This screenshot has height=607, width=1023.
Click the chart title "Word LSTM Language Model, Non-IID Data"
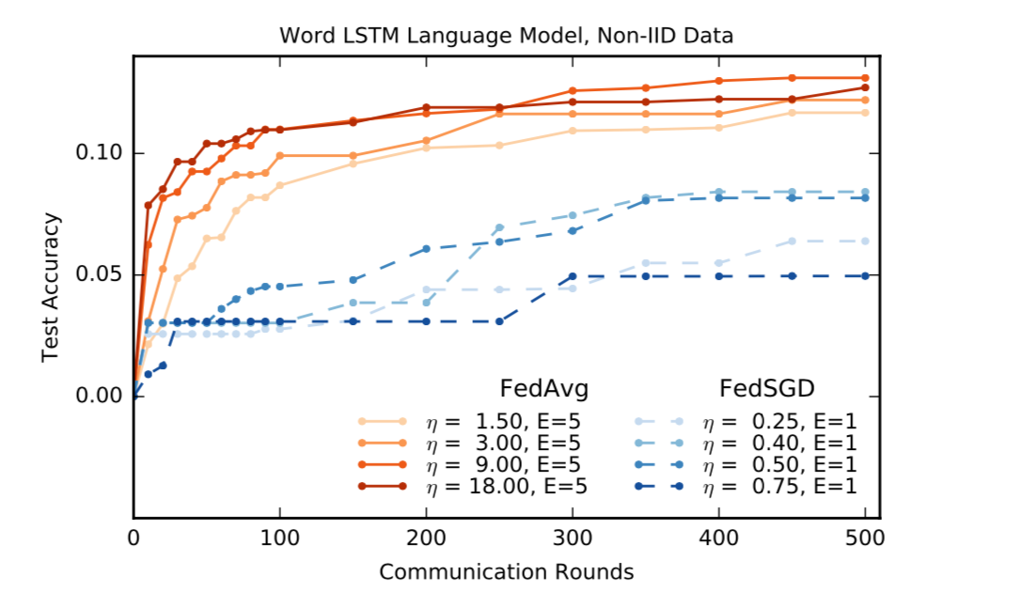506,36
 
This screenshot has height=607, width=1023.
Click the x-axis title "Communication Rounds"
506,571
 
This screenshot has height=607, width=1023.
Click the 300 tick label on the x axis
573,538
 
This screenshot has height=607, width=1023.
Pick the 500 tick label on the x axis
865,538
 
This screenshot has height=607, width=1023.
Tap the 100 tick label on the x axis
280,538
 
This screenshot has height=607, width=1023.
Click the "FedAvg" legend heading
544,389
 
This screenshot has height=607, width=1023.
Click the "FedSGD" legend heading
765,389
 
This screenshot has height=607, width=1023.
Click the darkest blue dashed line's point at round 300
573,276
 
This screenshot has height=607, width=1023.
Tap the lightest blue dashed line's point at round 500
865,241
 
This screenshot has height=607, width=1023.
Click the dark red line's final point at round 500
865,87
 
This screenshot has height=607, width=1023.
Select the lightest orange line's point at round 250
499,145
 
